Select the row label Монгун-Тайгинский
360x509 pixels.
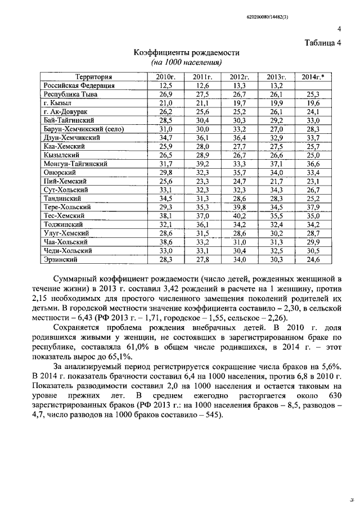(x=76, y=164)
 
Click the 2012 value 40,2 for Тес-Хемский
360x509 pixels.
(x=239, y=215)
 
